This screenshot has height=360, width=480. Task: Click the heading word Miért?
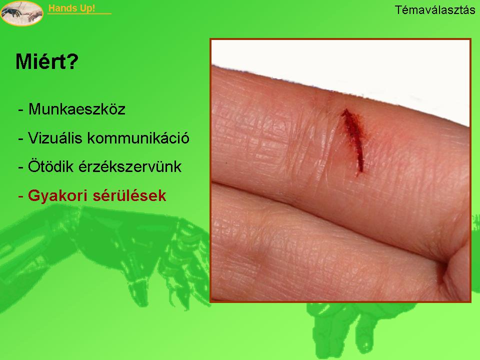coord(47,61)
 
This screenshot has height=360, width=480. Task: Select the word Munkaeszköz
coord(77,109)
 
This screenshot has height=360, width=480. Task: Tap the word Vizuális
coord(55,138)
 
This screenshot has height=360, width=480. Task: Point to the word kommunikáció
coord(138,138)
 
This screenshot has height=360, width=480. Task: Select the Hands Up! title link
coord(71,8)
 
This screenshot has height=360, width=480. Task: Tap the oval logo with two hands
coord(21,13)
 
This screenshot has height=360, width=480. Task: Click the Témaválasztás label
coord(434,10)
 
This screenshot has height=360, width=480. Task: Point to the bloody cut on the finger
coord(353,141)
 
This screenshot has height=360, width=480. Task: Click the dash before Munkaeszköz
coord(21,109)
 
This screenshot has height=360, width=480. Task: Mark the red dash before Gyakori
coord(21,196)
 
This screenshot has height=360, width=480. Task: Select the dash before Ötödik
coord(21,167)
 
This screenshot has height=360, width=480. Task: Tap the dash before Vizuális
coord(21,138)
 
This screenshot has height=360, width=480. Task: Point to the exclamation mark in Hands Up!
coord(93,8)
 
